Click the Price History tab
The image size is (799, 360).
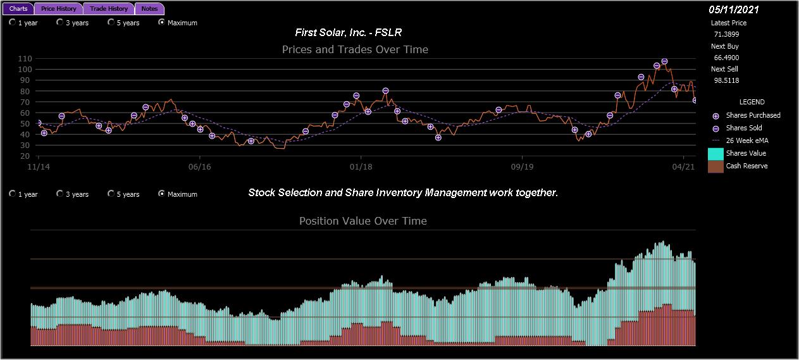(59, 9)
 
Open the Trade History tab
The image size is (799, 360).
(109, 9)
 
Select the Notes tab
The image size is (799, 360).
(149, 9)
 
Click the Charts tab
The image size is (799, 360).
(18, 9)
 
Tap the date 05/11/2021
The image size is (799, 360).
(734, 9)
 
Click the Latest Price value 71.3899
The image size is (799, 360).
(726, 34)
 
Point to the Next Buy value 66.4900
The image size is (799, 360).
(726, 58)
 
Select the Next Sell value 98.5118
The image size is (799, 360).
(726, 80)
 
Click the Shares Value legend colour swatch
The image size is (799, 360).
(715, 153)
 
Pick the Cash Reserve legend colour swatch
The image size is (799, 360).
(715, 166)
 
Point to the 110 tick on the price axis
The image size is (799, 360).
(26, 58)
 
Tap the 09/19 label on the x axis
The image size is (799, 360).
(521, 166)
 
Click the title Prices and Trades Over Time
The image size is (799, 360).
(355, 49)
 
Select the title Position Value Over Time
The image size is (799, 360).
(362, 221)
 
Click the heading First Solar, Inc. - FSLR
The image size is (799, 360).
(349, 32)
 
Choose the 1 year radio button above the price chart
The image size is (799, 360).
(13, 22)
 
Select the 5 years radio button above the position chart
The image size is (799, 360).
(111, 194)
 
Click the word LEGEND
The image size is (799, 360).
(752, 102)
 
